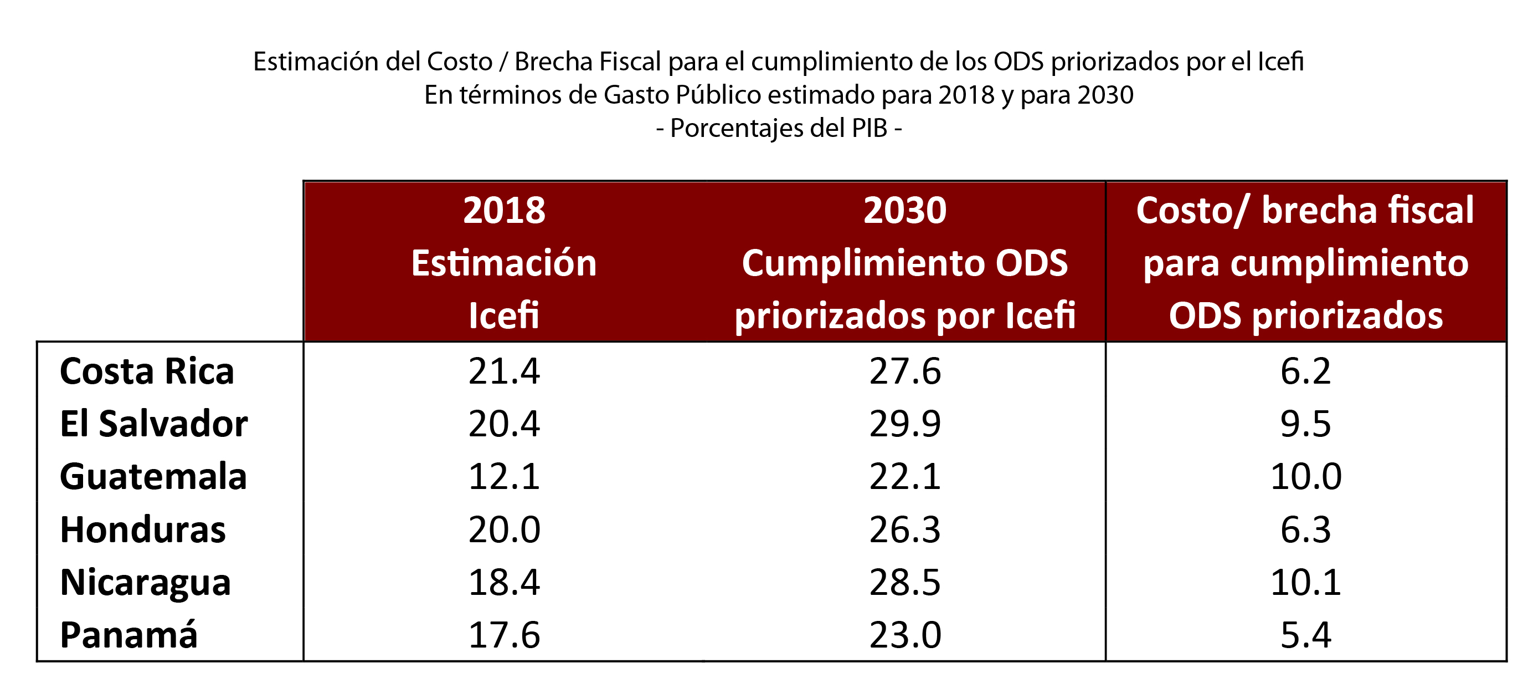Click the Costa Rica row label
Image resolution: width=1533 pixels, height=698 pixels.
[147, 371]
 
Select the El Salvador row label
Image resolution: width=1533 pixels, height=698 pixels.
[153, 424]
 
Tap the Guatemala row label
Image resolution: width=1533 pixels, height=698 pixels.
[153, 477]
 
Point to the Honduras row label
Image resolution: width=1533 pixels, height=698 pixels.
[143, 529]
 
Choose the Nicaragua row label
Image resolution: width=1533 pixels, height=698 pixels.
[145, 583]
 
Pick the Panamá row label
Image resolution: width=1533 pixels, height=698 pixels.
[128, 635]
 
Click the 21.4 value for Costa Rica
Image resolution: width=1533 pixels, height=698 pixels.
[504, 371]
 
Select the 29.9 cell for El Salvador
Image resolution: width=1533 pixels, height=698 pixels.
[904, 424]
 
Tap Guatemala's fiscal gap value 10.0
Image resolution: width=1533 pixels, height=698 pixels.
[1306, 477]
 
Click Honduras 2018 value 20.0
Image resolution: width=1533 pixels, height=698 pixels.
[504, 529]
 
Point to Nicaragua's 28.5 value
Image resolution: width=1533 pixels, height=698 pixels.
[904, 583]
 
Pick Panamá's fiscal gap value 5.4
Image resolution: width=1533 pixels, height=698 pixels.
[1306, 635]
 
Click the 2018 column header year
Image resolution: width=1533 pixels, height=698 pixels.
[504, 210]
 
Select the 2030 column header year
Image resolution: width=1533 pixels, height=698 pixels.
[904, 210]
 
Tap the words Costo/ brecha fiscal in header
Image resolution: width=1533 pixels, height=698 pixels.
[1304, 210]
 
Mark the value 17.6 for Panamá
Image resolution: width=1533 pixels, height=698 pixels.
[504, 635]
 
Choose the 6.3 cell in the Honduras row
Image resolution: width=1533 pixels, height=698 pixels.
[1306, 529]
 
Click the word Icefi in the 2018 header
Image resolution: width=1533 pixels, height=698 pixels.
[504, 315]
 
